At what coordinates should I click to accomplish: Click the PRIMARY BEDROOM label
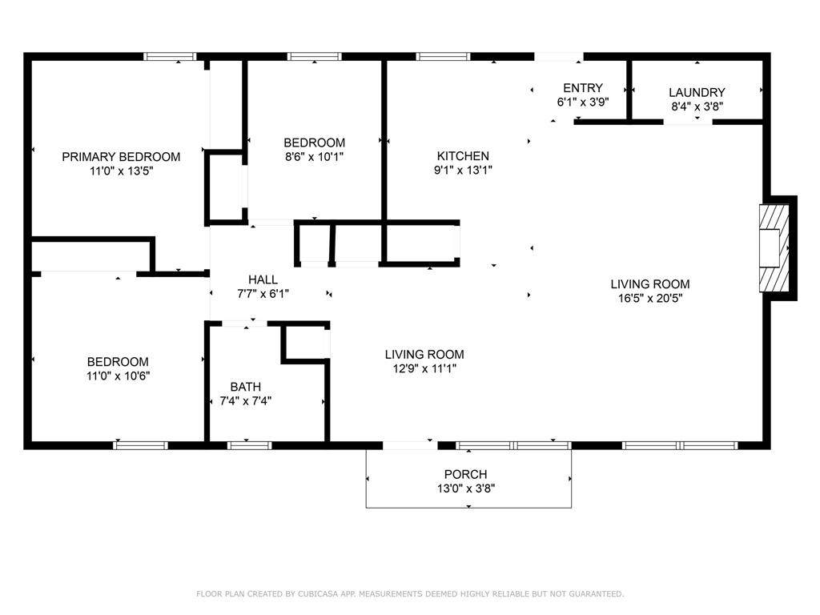coord(121,157)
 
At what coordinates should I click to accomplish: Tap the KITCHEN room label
coord(463,156)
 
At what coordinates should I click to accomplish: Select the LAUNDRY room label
coord(697,93)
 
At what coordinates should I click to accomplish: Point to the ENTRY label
coord(583,88)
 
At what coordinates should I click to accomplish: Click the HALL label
coord(263,279)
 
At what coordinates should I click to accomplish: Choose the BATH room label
coord(245,387)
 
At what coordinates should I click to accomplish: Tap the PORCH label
coord(465,474)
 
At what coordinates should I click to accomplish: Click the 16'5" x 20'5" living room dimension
coord(650,298)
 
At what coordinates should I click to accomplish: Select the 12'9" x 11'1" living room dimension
coord(424,368)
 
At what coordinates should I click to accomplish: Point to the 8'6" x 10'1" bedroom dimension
coord(314,156)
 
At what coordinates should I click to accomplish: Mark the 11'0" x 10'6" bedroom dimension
coord(119,376)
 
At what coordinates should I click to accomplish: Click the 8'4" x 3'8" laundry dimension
coord(697,107)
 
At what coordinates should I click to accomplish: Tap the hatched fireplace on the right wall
coord(774,248)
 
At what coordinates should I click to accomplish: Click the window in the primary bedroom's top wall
coord(170,57)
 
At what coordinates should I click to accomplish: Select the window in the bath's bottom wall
coord(250,445)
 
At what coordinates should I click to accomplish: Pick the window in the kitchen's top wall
coord(443,57)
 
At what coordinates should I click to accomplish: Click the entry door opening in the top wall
coord(558,57)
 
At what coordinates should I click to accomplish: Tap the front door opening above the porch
coord(410,445)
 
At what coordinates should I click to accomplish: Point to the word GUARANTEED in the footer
coord(596,593)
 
